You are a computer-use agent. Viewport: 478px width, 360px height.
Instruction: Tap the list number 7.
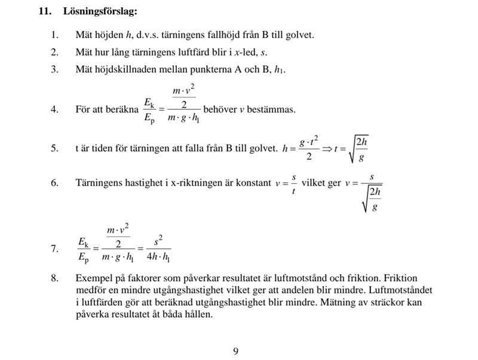[x=54, y=249]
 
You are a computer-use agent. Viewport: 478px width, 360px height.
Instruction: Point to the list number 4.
[x=54, y=110]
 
